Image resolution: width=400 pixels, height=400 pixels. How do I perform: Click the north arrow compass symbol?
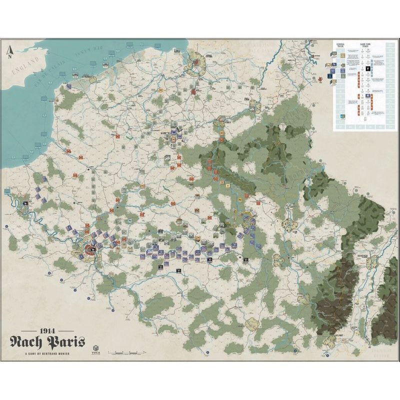pyautogui.click(x=9, y=51)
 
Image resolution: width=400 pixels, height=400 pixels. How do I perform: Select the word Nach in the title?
pyautogui.click(x=28, y=344)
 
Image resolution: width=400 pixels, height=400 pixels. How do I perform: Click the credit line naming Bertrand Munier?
pyautogui.click(x=47, y=355)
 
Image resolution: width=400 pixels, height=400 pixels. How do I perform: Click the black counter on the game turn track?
pyautogui.click(x=368, y=68)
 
